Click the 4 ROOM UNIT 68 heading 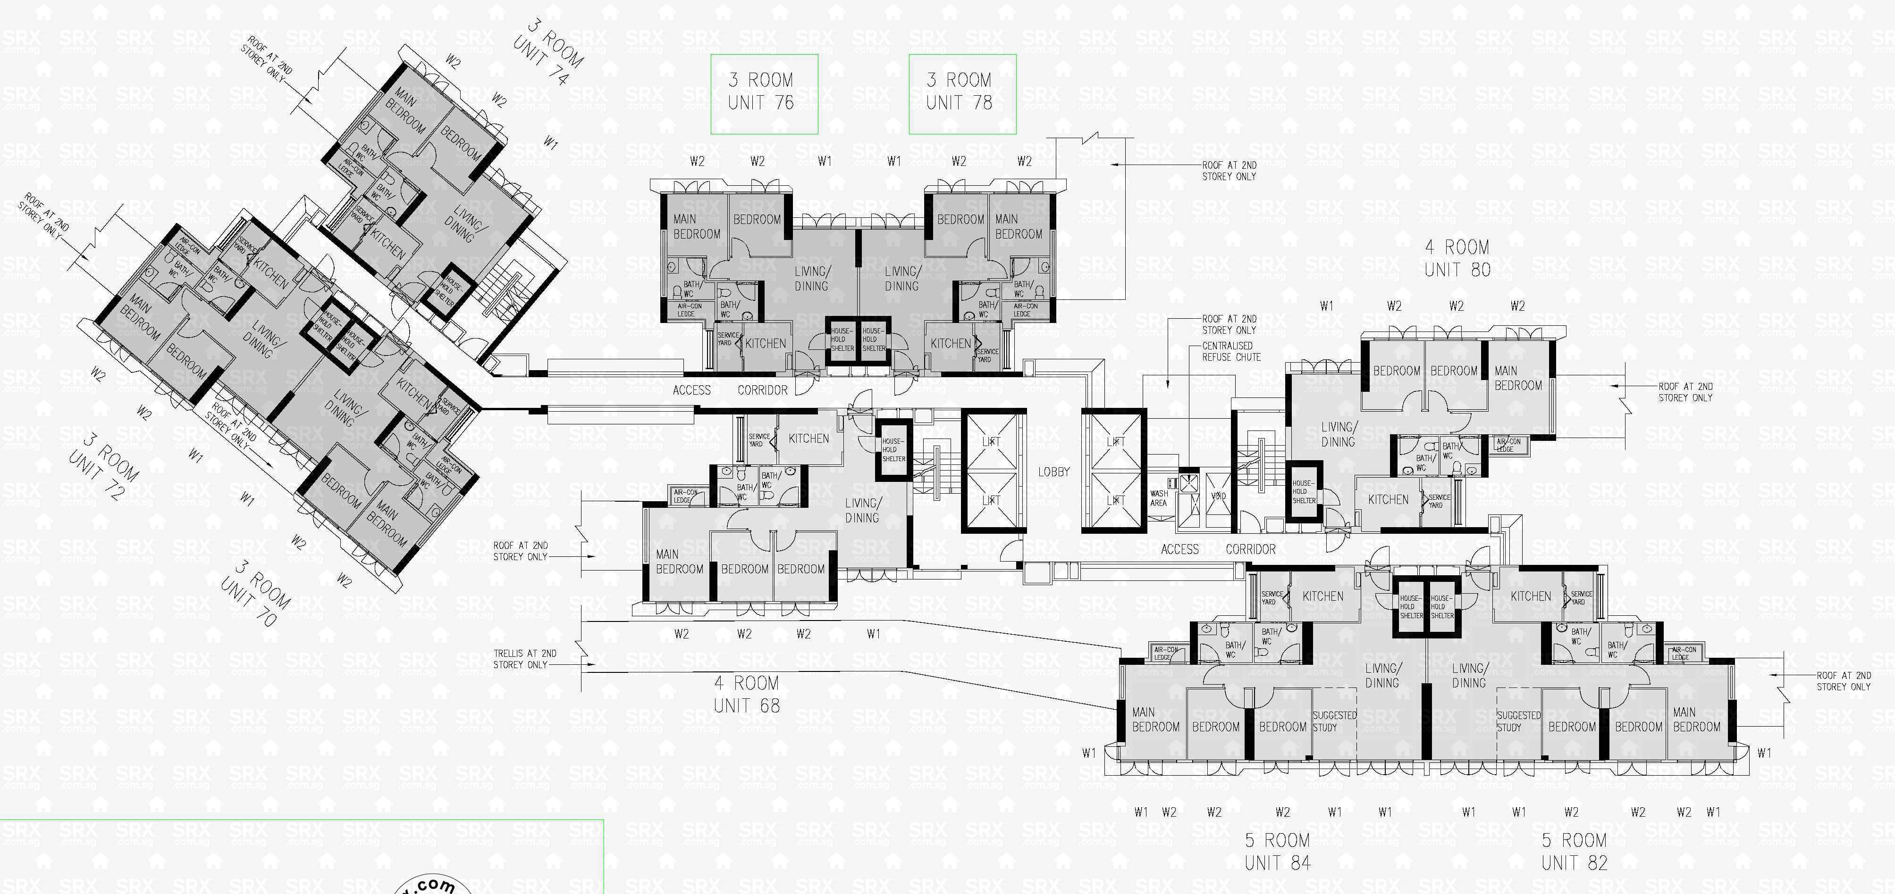pyautogui.click(x=746, y=695)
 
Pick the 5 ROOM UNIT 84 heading pyautogui.click(x=1277, y=852)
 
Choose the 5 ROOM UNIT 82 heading pyautogui.click(x=1574, y=852)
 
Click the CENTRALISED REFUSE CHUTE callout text pyautogui.click(x=1231, y=351)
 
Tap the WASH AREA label pyautogui.click(x=1159, y=498)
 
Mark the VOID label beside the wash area pyautogui.click(x=1218, y=496)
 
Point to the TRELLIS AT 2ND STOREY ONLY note pyautogui.click(x=524, y=659)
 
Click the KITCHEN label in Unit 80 pyautogui.click(x=1388, y=500)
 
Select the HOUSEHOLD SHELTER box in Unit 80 pyautogui.click(x=1304, y=492)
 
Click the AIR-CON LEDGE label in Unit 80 pyautogui.click(x=1508, y=445)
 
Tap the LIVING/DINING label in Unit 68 pyautogui.click(x=861, y=510)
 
